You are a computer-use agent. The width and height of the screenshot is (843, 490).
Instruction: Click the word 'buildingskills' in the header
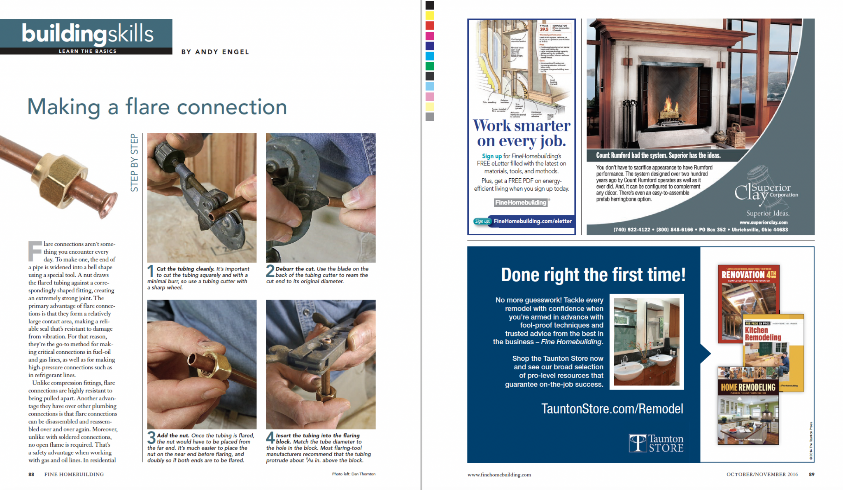pos(88,34)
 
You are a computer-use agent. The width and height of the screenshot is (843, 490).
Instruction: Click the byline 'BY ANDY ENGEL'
pos(215,52)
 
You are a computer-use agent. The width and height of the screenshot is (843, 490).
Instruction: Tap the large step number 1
pos(151,271)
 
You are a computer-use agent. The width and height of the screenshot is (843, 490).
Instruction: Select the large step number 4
pos(270,438)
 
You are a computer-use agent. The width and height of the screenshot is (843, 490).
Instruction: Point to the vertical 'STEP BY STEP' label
pos(135,163)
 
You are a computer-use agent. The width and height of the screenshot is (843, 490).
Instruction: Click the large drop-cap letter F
pos(35,251)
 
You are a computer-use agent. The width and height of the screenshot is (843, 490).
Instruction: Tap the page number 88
pos(31,474)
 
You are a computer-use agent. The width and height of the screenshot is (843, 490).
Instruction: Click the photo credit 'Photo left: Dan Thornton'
pos(354,474)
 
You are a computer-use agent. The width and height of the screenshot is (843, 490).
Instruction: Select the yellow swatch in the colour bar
pos(430,16)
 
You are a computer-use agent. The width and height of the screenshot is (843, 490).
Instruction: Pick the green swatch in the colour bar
pos(430,66)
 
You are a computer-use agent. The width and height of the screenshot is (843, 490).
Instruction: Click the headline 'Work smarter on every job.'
pos(522,133)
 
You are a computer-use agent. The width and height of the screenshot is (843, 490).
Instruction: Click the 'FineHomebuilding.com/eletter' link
pos(532,221)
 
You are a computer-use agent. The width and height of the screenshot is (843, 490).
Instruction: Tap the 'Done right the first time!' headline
pos(593,275)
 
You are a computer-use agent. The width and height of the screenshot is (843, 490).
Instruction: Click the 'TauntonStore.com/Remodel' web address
pos(612,408)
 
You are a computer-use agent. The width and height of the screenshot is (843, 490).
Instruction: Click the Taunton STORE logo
pos(656,443)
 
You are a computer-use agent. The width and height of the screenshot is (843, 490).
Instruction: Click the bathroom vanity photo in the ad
pos(646,342)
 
